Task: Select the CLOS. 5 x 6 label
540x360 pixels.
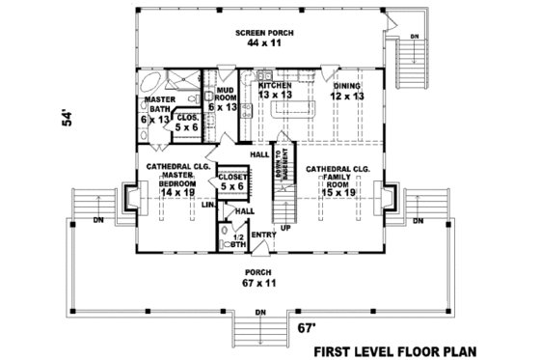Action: pos(187,122)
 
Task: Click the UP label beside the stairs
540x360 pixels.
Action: pos(285,229)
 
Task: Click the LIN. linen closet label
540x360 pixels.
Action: pos(207,205)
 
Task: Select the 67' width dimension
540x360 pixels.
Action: pos(306,328)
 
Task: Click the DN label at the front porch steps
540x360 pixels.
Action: pos(260,313)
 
